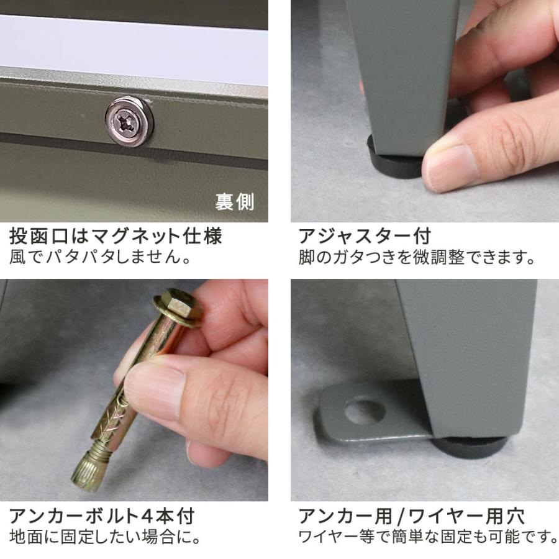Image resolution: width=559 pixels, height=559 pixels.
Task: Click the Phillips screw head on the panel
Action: [129, 120]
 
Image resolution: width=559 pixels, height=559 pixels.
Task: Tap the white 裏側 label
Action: [234, 202]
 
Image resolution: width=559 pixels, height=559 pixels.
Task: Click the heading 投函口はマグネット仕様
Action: [116, 237]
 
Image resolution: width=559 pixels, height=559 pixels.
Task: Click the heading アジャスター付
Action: [365, 237]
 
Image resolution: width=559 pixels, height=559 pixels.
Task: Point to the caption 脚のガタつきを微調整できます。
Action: [417, 257]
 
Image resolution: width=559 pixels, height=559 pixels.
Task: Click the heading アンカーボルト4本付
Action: [102, 516]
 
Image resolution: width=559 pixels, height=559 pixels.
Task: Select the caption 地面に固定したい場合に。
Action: [104, 537]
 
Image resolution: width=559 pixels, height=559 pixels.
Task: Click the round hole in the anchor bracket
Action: [365, 411]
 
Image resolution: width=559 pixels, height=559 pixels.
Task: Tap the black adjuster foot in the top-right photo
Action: [394, 160]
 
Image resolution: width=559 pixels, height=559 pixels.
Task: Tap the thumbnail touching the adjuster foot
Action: [450, 167]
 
